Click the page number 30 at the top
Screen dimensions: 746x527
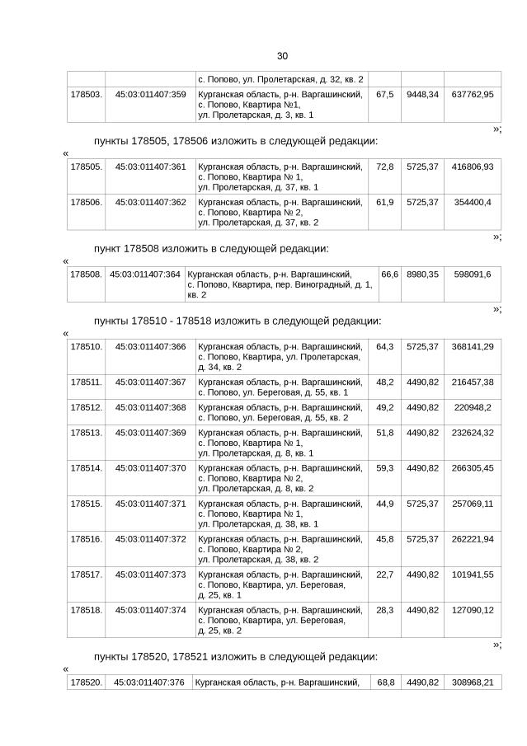click(282, 56)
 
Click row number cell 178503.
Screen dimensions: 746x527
click(86, 95)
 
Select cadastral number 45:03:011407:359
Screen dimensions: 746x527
click(150, 95)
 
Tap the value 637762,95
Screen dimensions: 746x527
click(473, 95)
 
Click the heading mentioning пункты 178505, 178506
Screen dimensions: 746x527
click(236, 141)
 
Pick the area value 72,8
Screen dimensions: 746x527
click(384, 167)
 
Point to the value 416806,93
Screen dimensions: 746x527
click(473, 167)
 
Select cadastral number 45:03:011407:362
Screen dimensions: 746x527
click(150, 202)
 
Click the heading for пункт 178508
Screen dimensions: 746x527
click(211, 248)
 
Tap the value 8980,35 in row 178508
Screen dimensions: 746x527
click(421, 274)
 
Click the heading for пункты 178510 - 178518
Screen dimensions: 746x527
click(238, 320)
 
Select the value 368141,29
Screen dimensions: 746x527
click(473, 346)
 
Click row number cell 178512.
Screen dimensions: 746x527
click(86, 407)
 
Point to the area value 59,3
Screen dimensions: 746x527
click(384, 467)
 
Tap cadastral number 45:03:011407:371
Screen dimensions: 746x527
click(150, 504)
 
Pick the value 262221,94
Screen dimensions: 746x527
click(473, 539)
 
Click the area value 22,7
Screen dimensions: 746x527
click(384, 575)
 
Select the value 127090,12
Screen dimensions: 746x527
click(473, 610)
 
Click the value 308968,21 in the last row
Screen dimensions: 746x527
click(473, 683)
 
